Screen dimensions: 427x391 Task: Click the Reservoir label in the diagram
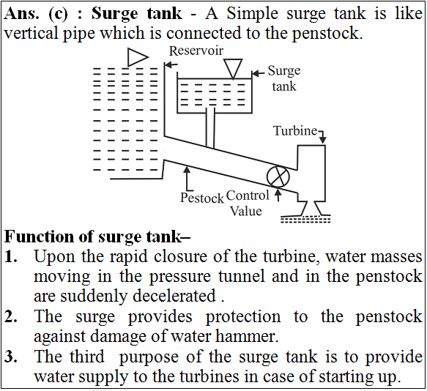[196, 51]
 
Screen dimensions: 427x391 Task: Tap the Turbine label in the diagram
[295, 130]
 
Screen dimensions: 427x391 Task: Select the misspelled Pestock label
[202, 198]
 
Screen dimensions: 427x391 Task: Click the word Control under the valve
[248, 195]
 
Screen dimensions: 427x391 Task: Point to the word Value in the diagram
[246, 211]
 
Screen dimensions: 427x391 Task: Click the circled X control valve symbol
[278, 176]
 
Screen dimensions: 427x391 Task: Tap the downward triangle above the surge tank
[233, 69]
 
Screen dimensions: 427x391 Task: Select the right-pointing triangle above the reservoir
[138, 57]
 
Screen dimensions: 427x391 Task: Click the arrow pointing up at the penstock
[187, 179]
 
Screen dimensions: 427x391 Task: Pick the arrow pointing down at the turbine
[322, 136]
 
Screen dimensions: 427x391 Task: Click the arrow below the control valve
[278, 195]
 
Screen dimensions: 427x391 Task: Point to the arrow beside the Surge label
[258, 73]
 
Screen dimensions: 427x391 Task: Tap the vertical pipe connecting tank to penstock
[210, 128]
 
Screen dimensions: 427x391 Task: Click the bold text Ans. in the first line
[21, 13]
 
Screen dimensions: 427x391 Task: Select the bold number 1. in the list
[11, 257]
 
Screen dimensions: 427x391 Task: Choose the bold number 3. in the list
[11, 357]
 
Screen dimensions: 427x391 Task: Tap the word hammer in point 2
[247, 336]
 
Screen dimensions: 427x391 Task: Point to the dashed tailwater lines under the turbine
[305, 220]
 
